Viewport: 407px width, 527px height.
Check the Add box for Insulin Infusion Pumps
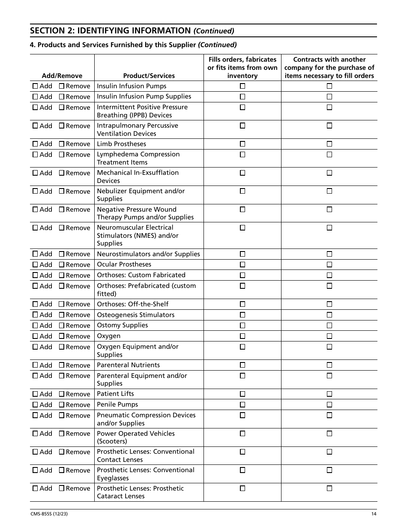pyautogui.click(x=35, y=86)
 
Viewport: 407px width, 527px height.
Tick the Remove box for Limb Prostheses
pyautogui.click(x=61, y=144)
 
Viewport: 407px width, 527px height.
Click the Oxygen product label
pyautogui.click(x=108, y=336)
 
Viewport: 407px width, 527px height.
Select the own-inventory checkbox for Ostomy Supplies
pyautogui.click(x=242, y=326)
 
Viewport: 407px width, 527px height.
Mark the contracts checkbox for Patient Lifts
pyautogui.click(x=329, y=394)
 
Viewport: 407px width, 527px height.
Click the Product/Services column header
pyautogui.click(x=149, y=76)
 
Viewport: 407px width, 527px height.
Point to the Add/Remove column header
pyautogui.click(x=62, y=76)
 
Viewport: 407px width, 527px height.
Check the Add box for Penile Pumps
pyautogui.click(x=35, y=405)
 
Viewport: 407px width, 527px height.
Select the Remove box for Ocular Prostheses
pyautogui.click(x=61, y=265)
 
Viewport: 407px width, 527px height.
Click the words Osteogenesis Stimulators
pyautogui.click(x=135, y=315)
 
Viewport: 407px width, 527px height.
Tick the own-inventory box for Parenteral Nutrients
pyautogui.click(x=242, y=365)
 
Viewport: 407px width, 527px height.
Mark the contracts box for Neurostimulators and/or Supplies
pyautogui.click(x=329, y=254)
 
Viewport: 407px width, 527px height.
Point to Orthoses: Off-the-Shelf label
pyautogui.click(x=132, y=304)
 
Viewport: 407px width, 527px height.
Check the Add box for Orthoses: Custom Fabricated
pyautogui.click(x=35, y=275)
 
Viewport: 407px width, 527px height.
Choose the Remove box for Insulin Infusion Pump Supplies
pyautogui.click(x=61, y=97)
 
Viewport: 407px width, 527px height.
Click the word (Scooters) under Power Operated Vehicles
pyautogui.click(x=112, y=441)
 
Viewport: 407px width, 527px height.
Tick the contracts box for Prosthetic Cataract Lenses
pyautogui.click(x=329, y=488)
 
